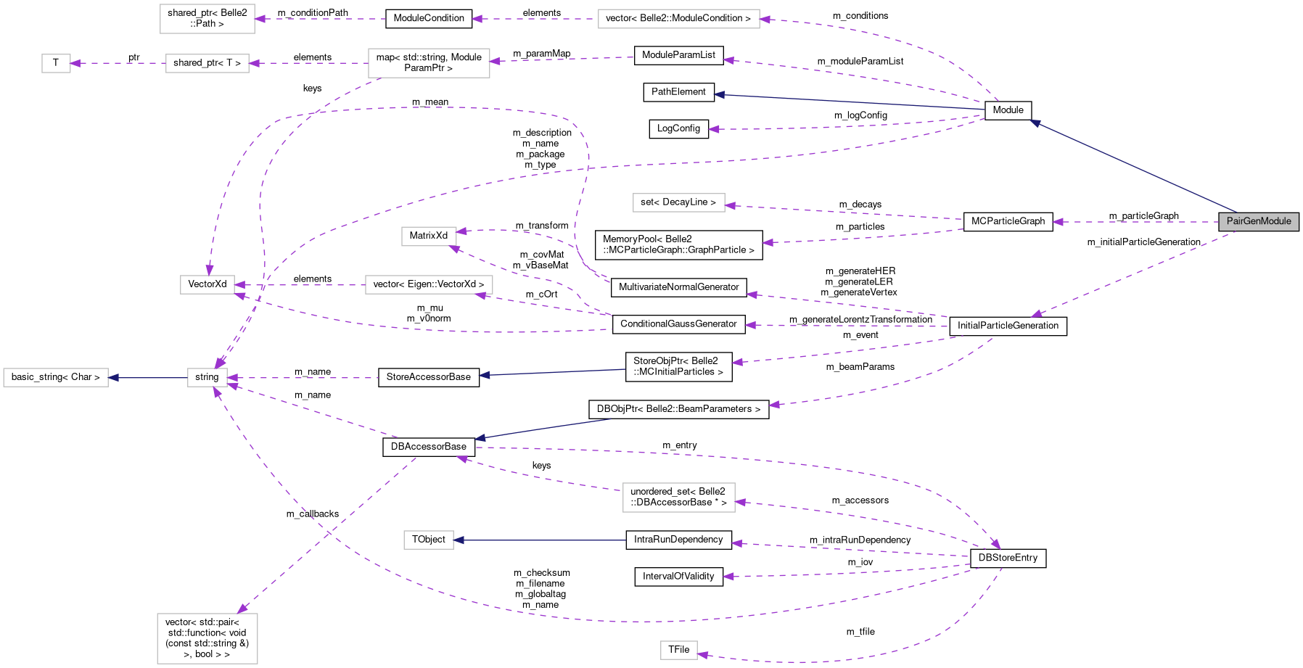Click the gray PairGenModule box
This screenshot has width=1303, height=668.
pos(1258,221)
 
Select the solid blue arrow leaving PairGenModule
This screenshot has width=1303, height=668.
pos(1132,167)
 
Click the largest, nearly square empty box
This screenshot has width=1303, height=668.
pos(207,638)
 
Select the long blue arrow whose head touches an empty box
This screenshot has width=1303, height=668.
pos(540,540)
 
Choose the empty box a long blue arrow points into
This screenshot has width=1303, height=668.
pos(429,540)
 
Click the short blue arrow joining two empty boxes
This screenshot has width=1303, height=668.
pos(148,378)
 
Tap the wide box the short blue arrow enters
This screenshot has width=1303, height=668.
pos(56,378)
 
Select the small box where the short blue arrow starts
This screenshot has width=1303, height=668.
pos(207,378)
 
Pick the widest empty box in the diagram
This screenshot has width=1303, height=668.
pos(678,19)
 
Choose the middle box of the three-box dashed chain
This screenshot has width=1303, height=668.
pos(207,63)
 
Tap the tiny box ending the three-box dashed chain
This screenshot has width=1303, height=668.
pos(56,63)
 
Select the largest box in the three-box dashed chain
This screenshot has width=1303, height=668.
pos(429,63)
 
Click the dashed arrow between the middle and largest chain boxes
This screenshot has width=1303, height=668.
pos(308,63)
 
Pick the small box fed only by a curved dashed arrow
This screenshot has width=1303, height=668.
pos(679,651)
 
